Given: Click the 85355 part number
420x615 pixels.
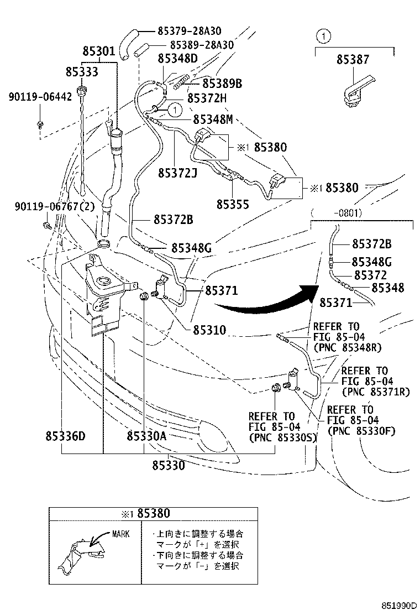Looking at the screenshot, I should tap(233, 204).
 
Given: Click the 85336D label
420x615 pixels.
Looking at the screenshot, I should tap(65, 436).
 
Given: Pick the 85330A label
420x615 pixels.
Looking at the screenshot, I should tap(146, 436).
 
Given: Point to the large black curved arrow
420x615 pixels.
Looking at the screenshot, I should tap(265, 301).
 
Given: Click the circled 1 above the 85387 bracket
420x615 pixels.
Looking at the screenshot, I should tap(323, 38).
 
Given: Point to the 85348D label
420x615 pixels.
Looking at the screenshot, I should tap(177, 58).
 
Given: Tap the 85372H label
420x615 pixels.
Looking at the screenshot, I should tap(207, 98).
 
